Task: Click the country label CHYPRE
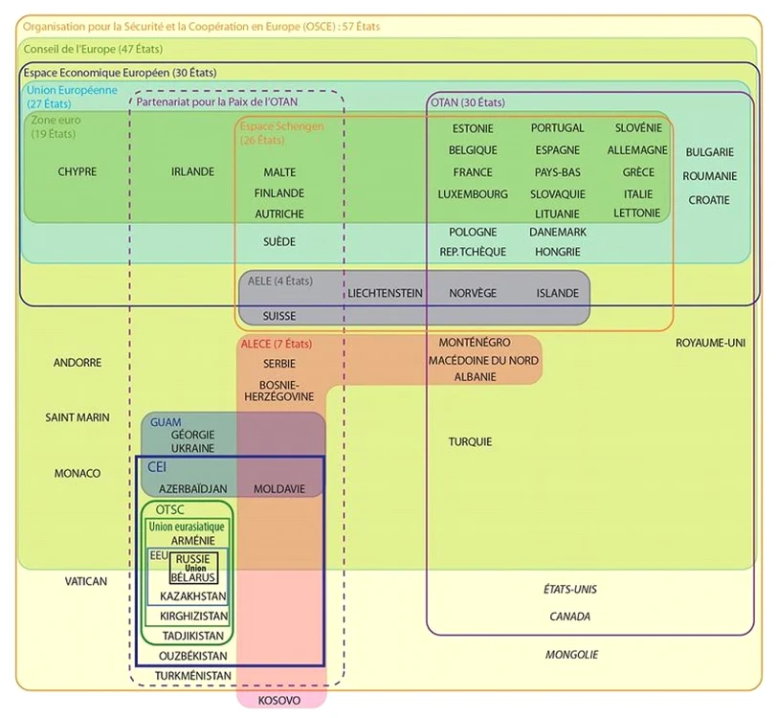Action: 78,171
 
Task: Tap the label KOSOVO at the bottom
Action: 279,700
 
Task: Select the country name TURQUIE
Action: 470,441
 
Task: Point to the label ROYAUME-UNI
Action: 710,343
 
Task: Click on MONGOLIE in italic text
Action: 571,655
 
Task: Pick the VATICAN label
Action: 86,581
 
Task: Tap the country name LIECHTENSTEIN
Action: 385,293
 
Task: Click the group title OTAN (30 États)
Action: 468,102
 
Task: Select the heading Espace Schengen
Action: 282,126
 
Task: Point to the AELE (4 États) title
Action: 280,281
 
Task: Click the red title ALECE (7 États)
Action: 277,344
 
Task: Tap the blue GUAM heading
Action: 166,422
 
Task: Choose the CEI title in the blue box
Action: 157,467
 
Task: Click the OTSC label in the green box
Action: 170,509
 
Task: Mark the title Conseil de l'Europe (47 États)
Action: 93,49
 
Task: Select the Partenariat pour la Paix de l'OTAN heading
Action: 217,102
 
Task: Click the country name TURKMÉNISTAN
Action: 192,675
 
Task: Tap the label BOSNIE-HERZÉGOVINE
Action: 279,391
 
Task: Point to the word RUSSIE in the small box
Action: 192,559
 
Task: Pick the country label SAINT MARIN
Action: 78,417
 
